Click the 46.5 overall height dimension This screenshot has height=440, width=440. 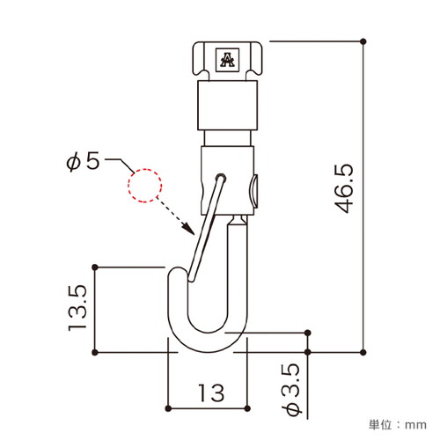344,188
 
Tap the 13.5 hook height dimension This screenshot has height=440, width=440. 77,308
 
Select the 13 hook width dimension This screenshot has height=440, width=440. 211,392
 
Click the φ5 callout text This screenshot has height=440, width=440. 83,162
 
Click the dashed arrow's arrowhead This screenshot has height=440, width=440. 188,229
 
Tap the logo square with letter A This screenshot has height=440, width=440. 227,60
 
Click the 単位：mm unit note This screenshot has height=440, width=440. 398,425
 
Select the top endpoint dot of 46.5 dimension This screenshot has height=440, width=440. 363,41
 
